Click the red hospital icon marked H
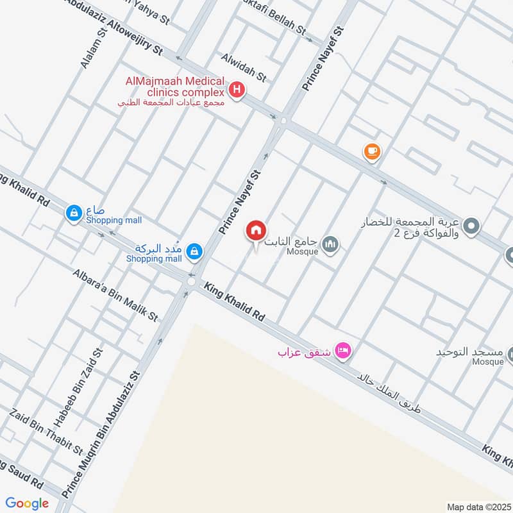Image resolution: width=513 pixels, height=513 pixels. tap(237, 90)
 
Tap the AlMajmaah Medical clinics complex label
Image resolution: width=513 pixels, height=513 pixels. tap(175, 87)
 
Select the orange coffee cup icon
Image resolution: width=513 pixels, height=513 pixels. tap(372, 151)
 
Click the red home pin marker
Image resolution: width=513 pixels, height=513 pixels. tap(256, 230)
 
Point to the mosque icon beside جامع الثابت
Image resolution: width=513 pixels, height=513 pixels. tap(331, 244)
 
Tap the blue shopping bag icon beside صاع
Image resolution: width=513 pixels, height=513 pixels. tap(74, 212)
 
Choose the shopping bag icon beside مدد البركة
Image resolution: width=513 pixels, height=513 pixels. tap(194, 253)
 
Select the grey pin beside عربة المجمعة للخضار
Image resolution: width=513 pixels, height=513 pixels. tap(471, 226)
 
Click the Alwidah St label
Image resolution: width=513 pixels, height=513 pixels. tap(243, 67)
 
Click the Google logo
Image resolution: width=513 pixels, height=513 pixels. tap(28, 503)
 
